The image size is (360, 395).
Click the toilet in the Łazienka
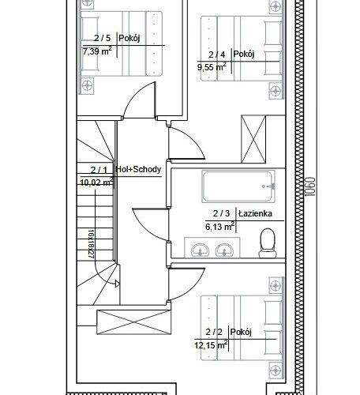[x=268, y=243]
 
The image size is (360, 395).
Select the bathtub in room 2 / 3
[x=238, y=186]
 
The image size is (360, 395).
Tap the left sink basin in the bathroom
[x=200, y=250]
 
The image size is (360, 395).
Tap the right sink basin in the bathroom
[x=224, y=250]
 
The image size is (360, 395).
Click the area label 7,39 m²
[x=97, y=51]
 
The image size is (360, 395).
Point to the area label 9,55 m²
[x=212, y=66]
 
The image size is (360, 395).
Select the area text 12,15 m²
[x=211, y=344]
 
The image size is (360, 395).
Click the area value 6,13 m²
[x=220, y=226]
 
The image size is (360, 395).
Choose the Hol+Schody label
[x=138, y=169]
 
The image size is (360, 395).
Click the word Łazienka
[x=255, y=213]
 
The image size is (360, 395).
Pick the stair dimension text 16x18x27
[x=91, y=244]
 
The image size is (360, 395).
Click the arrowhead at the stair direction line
[x=118, y=284]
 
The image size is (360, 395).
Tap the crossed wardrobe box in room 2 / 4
[x=253, y=139]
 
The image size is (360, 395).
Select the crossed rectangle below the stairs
[x=134, y=322]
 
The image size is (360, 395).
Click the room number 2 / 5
[x=103, y=38]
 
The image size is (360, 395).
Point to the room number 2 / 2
[x=214, y=332]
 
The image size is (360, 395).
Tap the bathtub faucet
[x=270, y=186]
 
